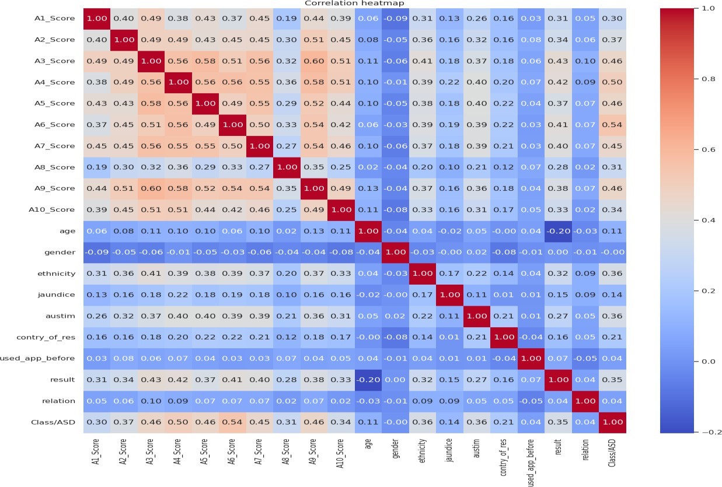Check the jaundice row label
click(59, 295)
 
